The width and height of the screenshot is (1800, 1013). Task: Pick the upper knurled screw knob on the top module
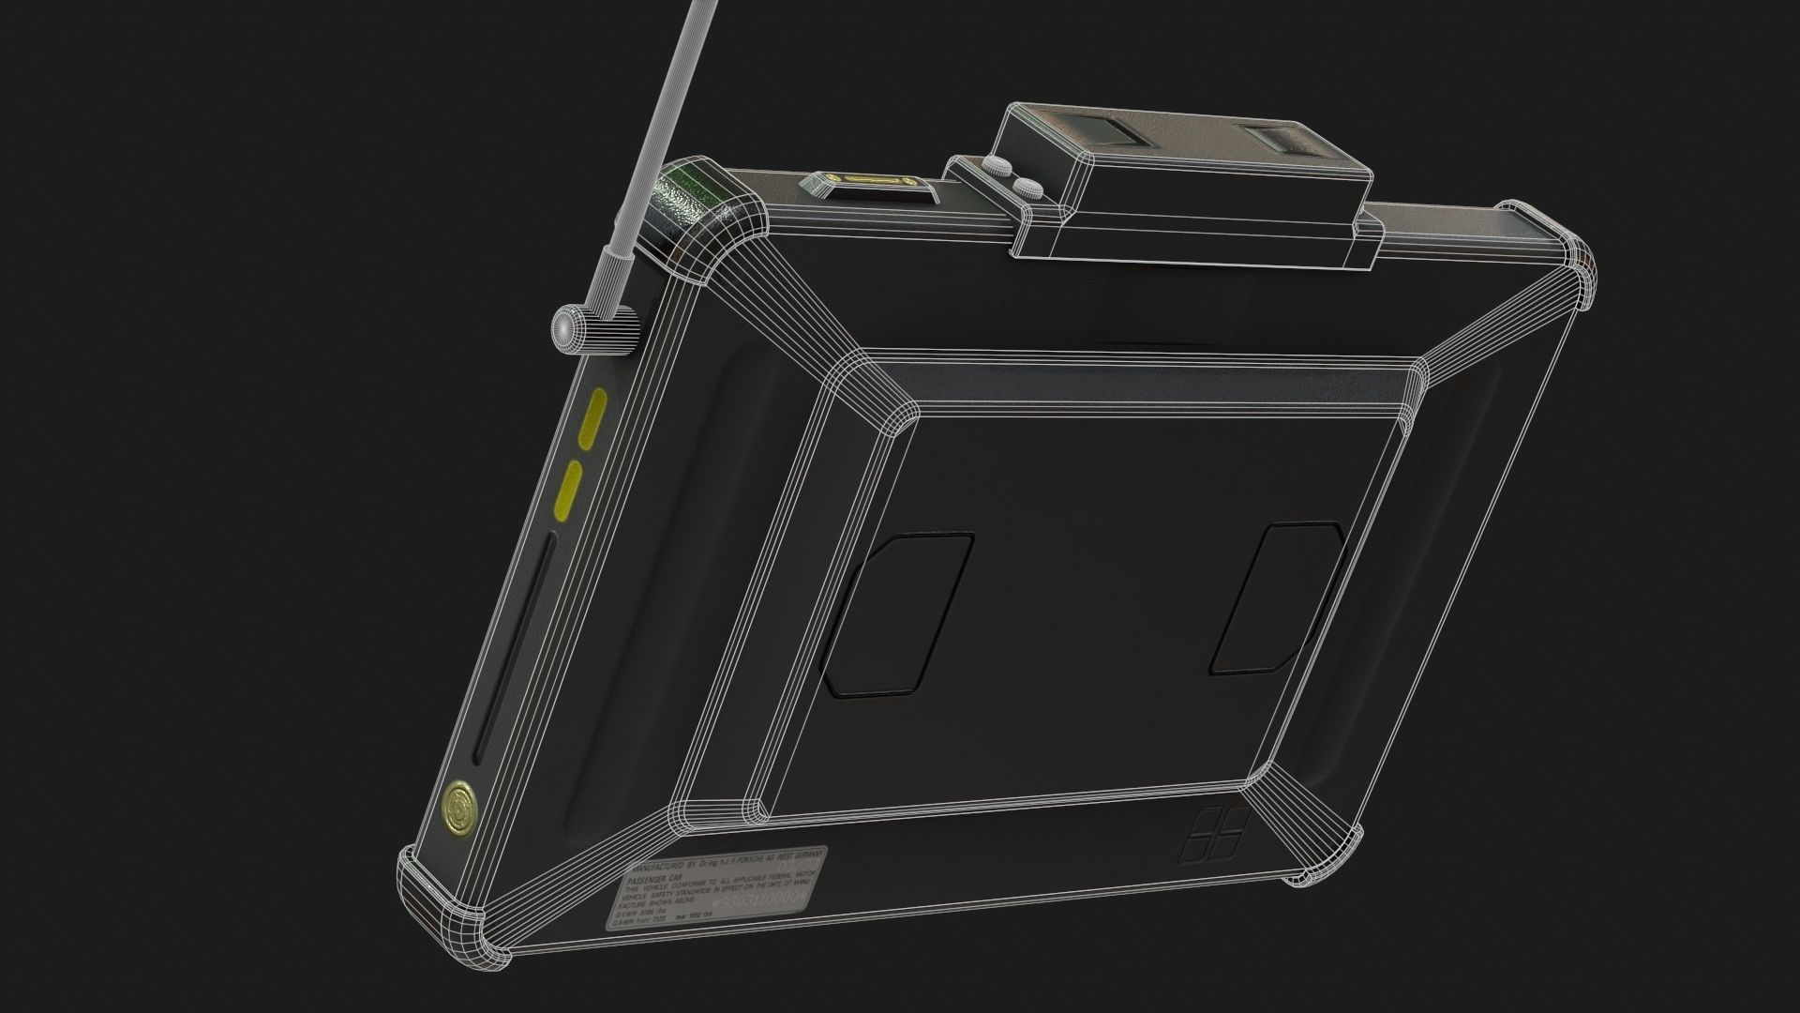pyautogui.click(x=999, y=169)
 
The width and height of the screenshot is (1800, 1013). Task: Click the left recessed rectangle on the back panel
pyautogui.click(x=897, y=615)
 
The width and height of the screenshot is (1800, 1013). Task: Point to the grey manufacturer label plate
pyautogui.click(x=717, y=890)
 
